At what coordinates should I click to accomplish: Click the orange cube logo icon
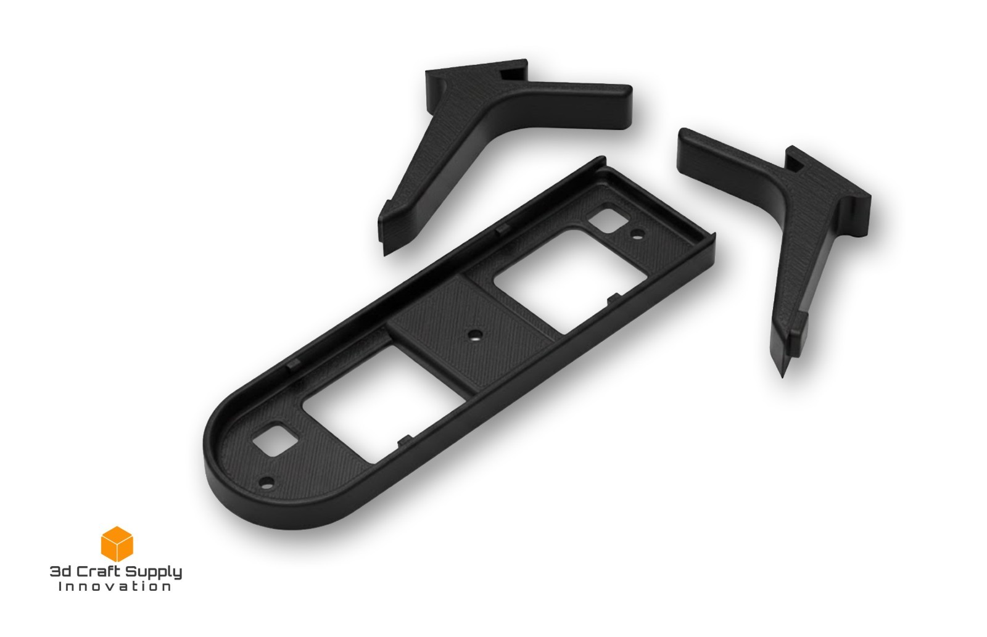pyautogui.click(x=117, y=544)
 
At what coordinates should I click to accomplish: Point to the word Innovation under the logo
pyautogui.click(x=115, y=586)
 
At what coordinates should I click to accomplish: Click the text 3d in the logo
pyautogui.click(x=60, y=572)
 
